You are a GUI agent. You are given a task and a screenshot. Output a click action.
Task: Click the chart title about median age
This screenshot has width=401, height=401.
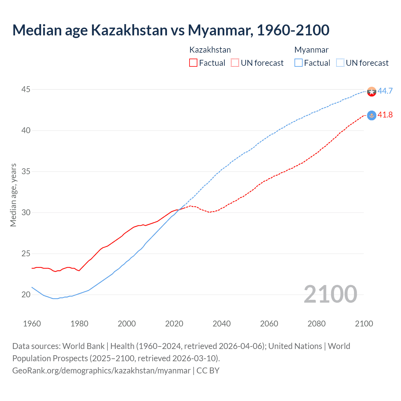click(171, 30)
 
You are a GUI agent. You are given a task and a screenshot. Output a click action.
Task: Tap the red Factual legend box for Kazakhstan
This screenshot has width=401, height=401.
click(193, 63)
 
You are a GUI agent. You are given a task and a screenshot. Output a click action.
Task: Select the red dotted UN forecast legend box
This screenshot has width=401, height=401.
click(235, 63)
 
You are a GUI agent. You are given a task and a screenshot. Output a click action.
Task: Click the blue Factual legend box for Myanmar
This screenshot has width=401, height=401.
click(299, 63)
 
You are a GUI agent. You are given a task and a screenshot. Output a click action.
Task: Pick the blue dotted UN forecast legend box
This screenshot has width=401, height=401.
click(340, 63)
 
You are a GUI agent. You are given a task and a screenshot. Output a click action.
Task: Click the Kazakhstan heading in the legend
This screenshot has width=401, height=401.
click(210, 50)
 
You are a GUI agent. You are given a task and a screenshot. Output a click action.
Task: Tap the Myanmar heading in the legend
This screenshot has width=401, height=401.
click(311, 50)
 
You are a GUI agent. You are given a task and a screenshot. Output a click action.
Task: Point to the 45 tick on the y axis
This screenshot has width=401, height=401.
click(26, 90)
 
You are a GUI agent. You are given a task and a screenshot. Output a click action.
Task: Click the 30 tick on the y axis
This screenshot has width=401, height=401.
click(26, 213)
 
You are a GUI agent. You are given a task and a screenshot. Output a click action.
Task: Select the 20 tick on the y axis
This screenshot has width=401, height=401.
click(26, 295)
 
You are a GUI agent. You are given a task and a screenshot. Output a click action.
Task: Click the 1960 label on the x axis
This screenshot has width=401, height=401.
click(32, 324)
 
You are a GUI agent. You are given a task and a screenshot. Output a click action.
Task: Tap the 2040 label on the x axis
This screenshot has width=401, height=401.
click(221, 324)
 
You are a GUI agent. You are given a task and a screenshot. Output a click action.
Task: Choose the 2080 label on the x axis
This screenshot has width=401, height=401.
click(316, 324)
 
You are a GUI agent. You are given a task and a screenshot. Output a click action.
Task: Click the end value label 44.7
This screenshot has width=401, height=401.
click(385, 91)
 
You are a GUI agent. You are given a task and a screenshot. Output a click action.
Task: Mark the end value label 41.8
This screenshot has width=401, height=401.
click(385, 115)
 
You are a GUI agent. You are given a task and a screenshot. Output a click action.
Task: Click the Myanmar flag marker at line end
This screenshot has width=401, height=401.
click(372, 91)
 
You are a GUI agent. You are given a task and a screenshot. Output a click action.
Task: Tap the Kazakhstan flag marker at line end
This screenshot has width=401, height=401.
click(372, 116)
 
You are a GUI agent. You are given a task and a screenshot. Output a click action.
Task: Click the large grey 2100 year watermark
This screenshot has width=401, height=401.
click(331, 294)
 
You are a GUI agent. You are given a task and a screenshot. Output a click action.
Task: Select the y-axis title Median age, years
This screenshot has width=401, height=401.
click(13, 195)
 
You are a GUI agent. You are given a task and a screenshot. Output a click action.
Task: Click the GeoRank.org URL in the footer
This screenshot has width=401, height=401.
click(101, 371)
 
